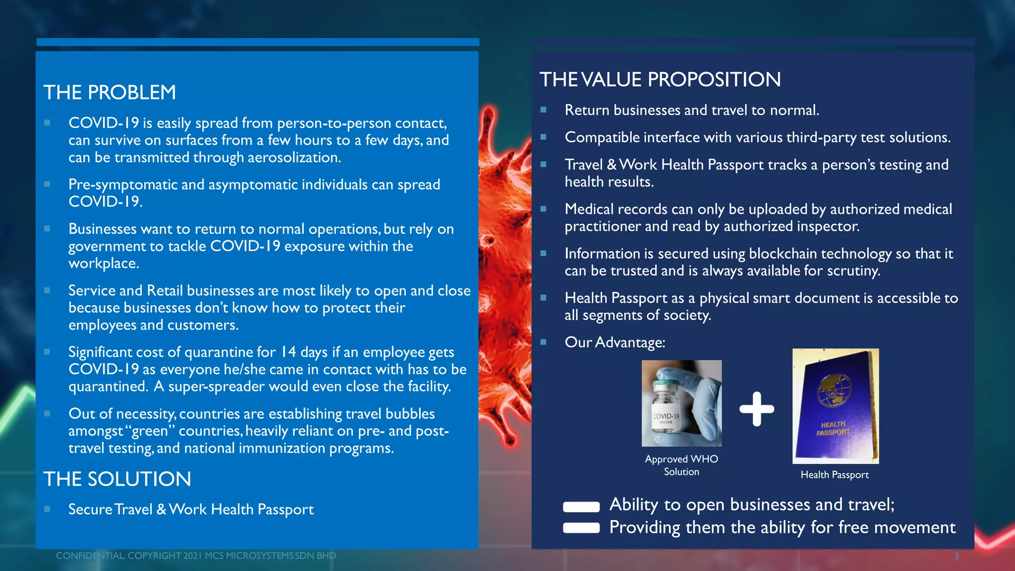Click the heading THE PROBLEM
click(x=110, y=93)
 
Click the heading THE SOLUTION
click(x=117, y=479)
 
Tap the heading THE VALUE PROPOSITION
click(x=660, y=80)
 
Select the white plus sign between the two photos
click(x=756, y=409)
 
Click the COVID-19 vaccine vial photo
click(x=681, y=403)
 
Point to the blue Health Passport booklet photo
click(x=835, y=406)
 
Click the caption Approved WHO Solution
click(x=681, y=465)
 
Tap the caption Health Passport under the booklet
click(x=835, y=475)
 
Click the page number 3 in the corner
click(x=957, y=556)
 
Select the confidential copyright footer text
click(x=196, y=556)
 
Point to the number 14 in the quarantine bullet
click(x=288, y=352)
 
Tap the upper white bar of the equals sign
click(x=581, y=507)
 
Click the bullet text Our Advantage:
click(x=615, y=343)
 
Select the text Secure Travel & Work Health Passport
click(x=191, y=510)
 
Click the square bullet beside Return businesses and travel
click(x=543, y=110)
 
